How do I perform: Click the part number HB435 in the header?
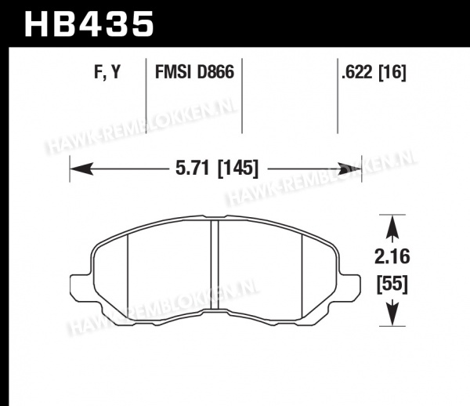(x=89, y=24)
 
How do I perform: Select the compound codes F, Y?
(x=107, y=72)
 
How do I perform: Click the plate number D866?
(x=215, y=72)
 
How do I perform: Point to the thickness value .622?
(x=358, y=72)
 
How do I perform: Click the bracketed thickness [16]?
(x=392, y=72)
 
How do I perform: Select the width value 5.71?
(x=192, y=168)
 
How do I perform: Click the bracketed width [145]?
(x=237, y=169)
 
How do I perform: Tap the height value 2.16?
(x=392, y=257)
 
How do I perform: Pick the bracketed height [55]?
(x=392, y=284)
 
